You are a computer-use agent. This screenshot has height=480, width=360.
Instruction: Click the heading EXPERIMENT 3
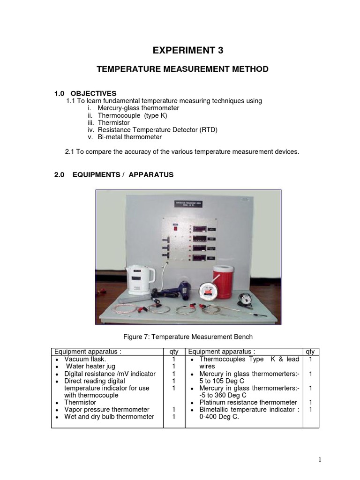(182, 51)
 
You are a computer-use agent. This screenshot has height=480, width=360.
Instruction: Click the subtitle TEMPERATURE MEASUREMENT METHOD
(182, 69)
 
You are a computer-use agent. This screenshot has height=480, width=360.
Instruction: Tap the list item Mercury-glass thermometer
(138, 108)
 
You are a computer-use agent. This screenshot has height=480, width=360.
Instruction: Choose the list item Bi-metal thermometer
(130, 137)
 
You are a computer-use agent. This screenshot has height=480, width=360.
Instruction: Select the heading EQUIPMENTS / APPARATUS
(114, 175)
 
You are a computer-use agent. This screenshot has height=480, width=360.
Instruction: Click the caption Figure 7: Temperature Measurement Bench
(187, 337)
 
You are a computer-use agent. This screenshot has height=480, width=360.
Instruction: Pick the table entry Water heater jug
(90, 367)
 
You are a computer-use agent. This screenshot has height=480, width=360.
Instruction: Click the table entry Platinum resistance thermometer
(248, 402)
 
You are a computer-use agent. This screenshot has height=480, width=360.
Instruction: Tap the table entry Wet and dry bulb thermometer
(109, 417)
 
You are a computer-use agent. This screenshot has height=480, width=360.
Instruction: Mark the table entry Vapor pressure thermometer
(107, 410)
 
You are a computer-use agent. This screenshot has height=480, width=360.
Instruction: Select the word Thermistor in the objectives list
(114, 123)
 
